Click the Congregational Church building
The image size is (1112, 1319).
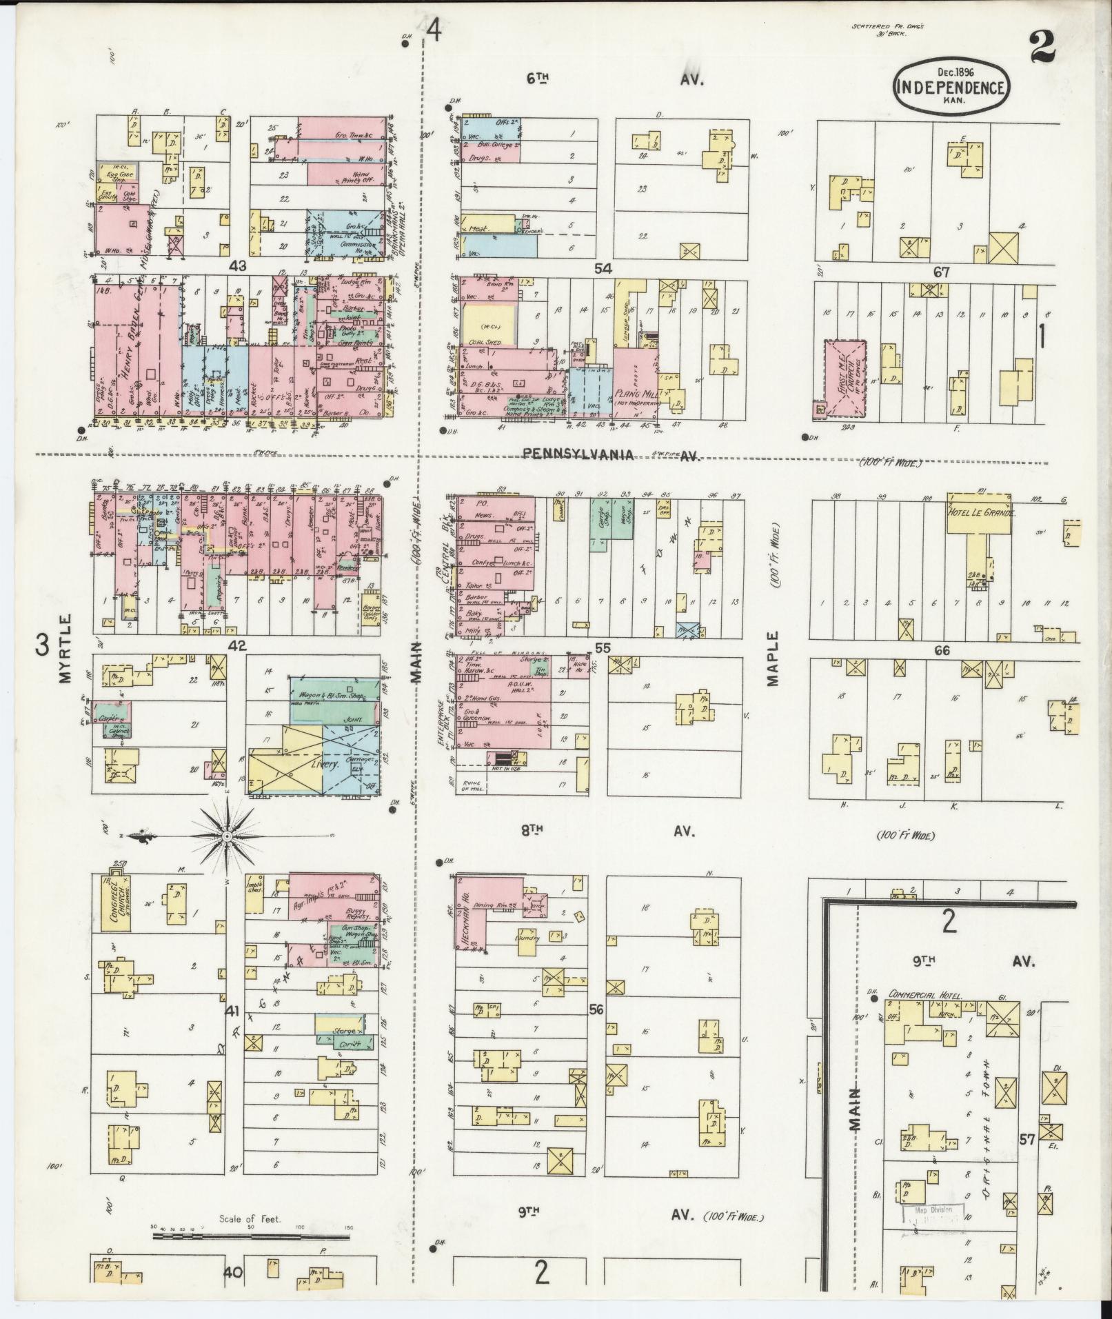115,903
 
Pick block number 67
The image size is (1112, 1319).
941,272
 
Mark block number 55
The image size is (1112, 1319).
603,647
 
